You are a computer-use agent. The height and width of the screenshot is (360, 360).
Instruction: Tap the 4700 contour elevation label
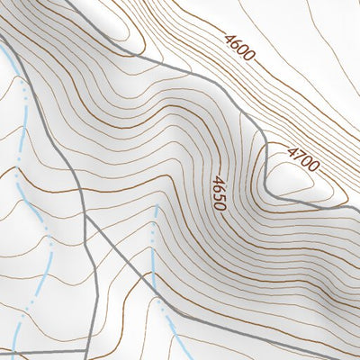302,158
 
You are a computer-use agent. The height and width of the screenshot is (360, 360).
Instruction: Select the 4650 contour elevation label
217,192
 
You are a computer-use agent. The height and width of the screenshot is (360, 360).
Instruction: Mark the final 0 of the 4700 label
312,166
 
